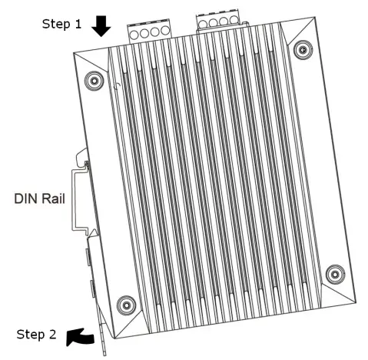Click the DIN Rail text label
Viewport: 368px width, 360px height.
[x=39, y=199]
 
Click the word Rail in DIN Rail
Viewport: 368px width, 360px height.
[x=52, y=199]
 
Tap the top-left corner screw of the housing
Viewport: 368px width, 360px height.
[x=94, y=79]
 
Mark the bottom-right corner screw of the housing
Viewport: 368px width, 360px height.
[x=333, y=273]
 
